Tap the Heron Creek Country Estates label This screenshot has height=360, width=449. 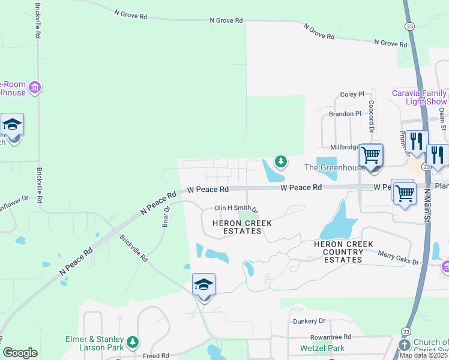343,252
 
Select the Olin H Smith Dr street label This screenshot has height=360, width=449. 236,209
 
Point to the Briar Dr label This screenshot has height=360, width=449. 166,217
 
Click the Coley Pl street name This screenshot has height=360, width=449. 352,95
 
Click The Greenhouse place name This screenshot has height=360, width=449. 334,168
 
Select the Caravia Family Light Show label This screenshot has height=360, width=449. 420,97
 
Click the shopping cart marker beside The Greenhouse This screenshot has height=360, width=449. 371,156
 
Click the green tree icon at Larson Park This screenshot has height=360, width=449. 133,343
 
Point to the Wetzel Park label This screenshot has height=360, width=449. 322,348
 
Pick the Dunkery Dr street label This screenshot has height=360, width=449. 309,322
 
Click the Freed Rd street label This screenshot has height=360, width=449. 156,355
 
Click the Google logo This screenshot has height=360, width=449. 20,353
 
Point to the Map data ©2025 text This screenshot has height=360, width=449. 424,355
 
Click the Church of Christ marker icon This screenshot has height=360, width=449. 405,346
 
